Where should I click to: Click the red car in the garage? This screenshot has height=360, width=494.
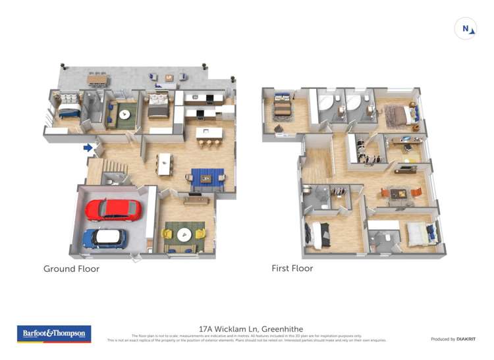pos(113,210)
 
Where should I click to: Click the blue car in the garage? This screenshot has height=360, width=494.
pos(105,238)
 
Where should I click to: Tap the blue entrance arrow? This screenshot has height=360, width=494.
pos(88,147)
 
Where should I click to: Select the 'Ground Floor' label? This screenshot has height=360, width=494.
pos(71,269)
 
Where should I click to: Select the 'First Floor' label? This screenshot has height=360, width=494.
pos(292,269)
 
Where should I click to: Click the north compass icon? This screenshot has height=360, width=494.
pos(466,29)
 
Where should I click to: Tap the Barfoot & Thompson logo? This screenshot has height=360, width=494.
pos(54,334)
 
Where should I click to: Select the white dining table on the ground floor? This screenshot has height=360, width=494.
pos(164,163)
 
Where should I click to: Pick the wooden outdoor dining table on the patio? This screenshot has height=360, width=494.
pos(97,79)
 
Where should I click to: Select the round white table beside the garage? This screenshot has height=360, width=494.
pos(184,233)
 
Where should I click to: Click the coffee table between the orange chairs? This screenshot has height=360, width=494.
pos(397,193)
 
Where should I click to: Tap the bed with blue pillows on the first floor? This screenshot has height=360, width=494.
pos(420,233)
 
